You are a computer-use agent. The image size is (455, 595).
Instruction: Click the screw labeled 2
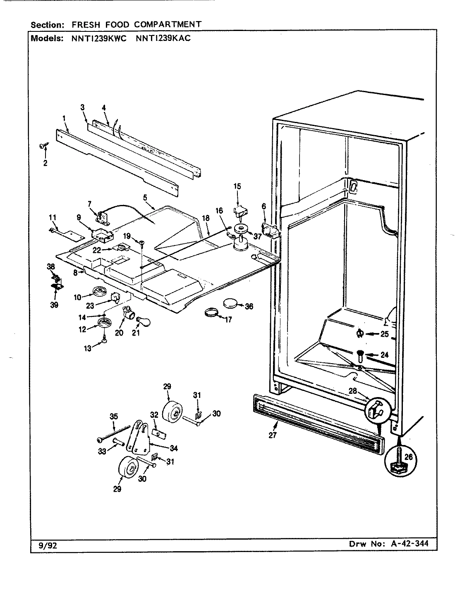[x=43, y=145]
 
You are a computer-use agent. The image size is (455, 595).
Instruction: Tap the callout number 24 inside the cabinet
[x=385, y=354]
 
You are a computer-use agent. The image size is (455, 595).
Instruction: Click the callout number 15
[x=237, y=186]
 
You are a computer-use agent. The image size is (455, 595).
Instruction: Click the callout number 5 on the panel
[x=145, y=198]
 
